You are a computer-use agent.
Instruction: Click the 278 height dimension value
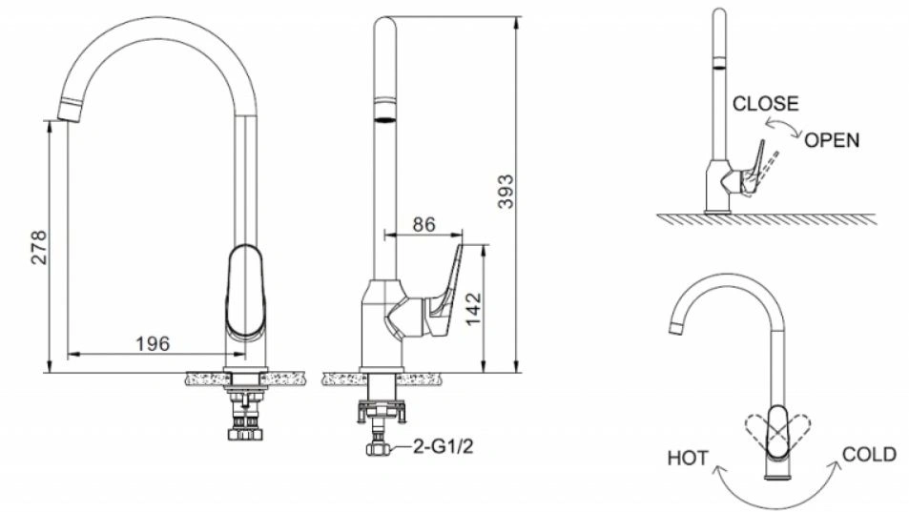[39, 247]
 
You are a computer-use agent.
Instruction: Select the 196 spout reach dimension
[153, 344]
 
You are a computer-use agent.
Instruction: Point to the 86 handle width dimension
[424, 224]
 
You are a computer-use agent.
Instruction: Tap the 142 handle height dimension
[473, 309]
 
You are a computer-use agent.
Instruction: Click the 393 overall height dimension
[506, 191]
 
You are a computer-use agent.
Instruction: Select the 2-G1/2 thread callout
[444, 446]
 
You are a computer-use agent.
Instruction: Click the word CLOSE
[765, 104]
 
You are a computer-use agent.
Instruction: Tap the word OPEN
[832, 140]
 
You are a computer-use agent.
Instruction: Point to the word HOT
[688, 459]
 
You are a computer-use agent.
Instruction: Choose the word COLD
[869, 455]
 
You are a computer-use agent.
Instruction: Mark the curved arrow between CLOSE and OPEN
[783, 126]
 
